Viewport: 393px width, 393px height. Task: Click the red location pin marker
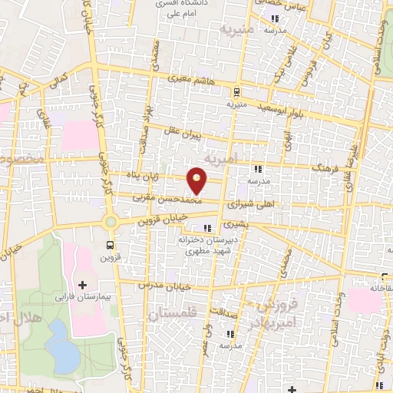tap(198, 180)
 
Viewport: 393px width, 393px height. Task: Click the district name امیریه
tap(244, 157)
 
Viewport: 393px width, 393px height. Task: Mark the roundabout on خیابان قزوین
tap(111, 223)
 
